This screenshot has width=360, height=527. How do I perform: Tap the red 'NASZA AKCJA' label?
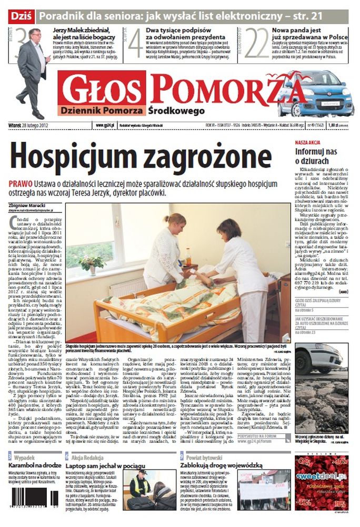308,143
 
